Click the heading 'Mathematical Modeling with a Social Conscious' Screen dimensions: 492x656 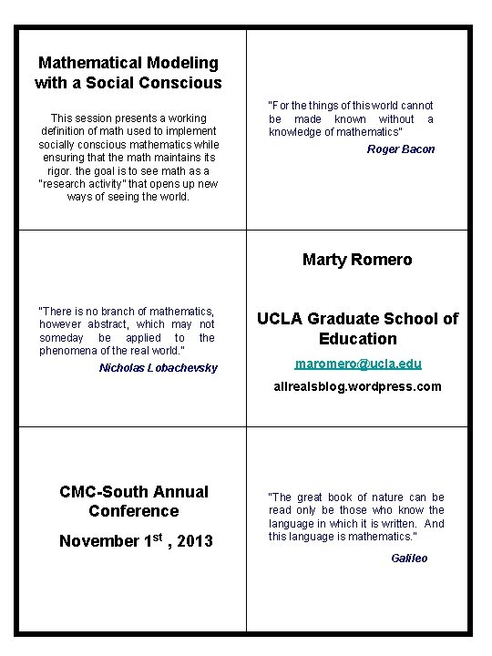coord(128,73)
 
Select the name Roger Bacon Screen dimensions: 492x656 coord(401,149)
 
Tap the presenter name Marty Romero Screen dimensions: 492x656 coord(357,260)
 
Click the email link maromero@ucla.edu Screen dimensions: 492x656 coord(357,364)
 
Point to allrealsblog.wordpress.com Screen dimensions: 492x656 coord(357,386)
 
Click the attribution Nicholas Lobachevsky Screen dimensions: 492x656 coord(159,368)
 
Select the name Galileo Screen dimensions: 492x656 coord(409,559)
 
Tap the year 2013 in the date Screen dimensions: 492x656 coord(195,542)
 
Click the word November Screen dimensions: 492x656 coord(97,541)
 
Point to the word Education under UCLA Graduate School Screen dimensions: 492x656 coord(358,339)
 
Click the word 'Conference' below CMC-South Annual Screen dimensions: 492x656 coord(134,511)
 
